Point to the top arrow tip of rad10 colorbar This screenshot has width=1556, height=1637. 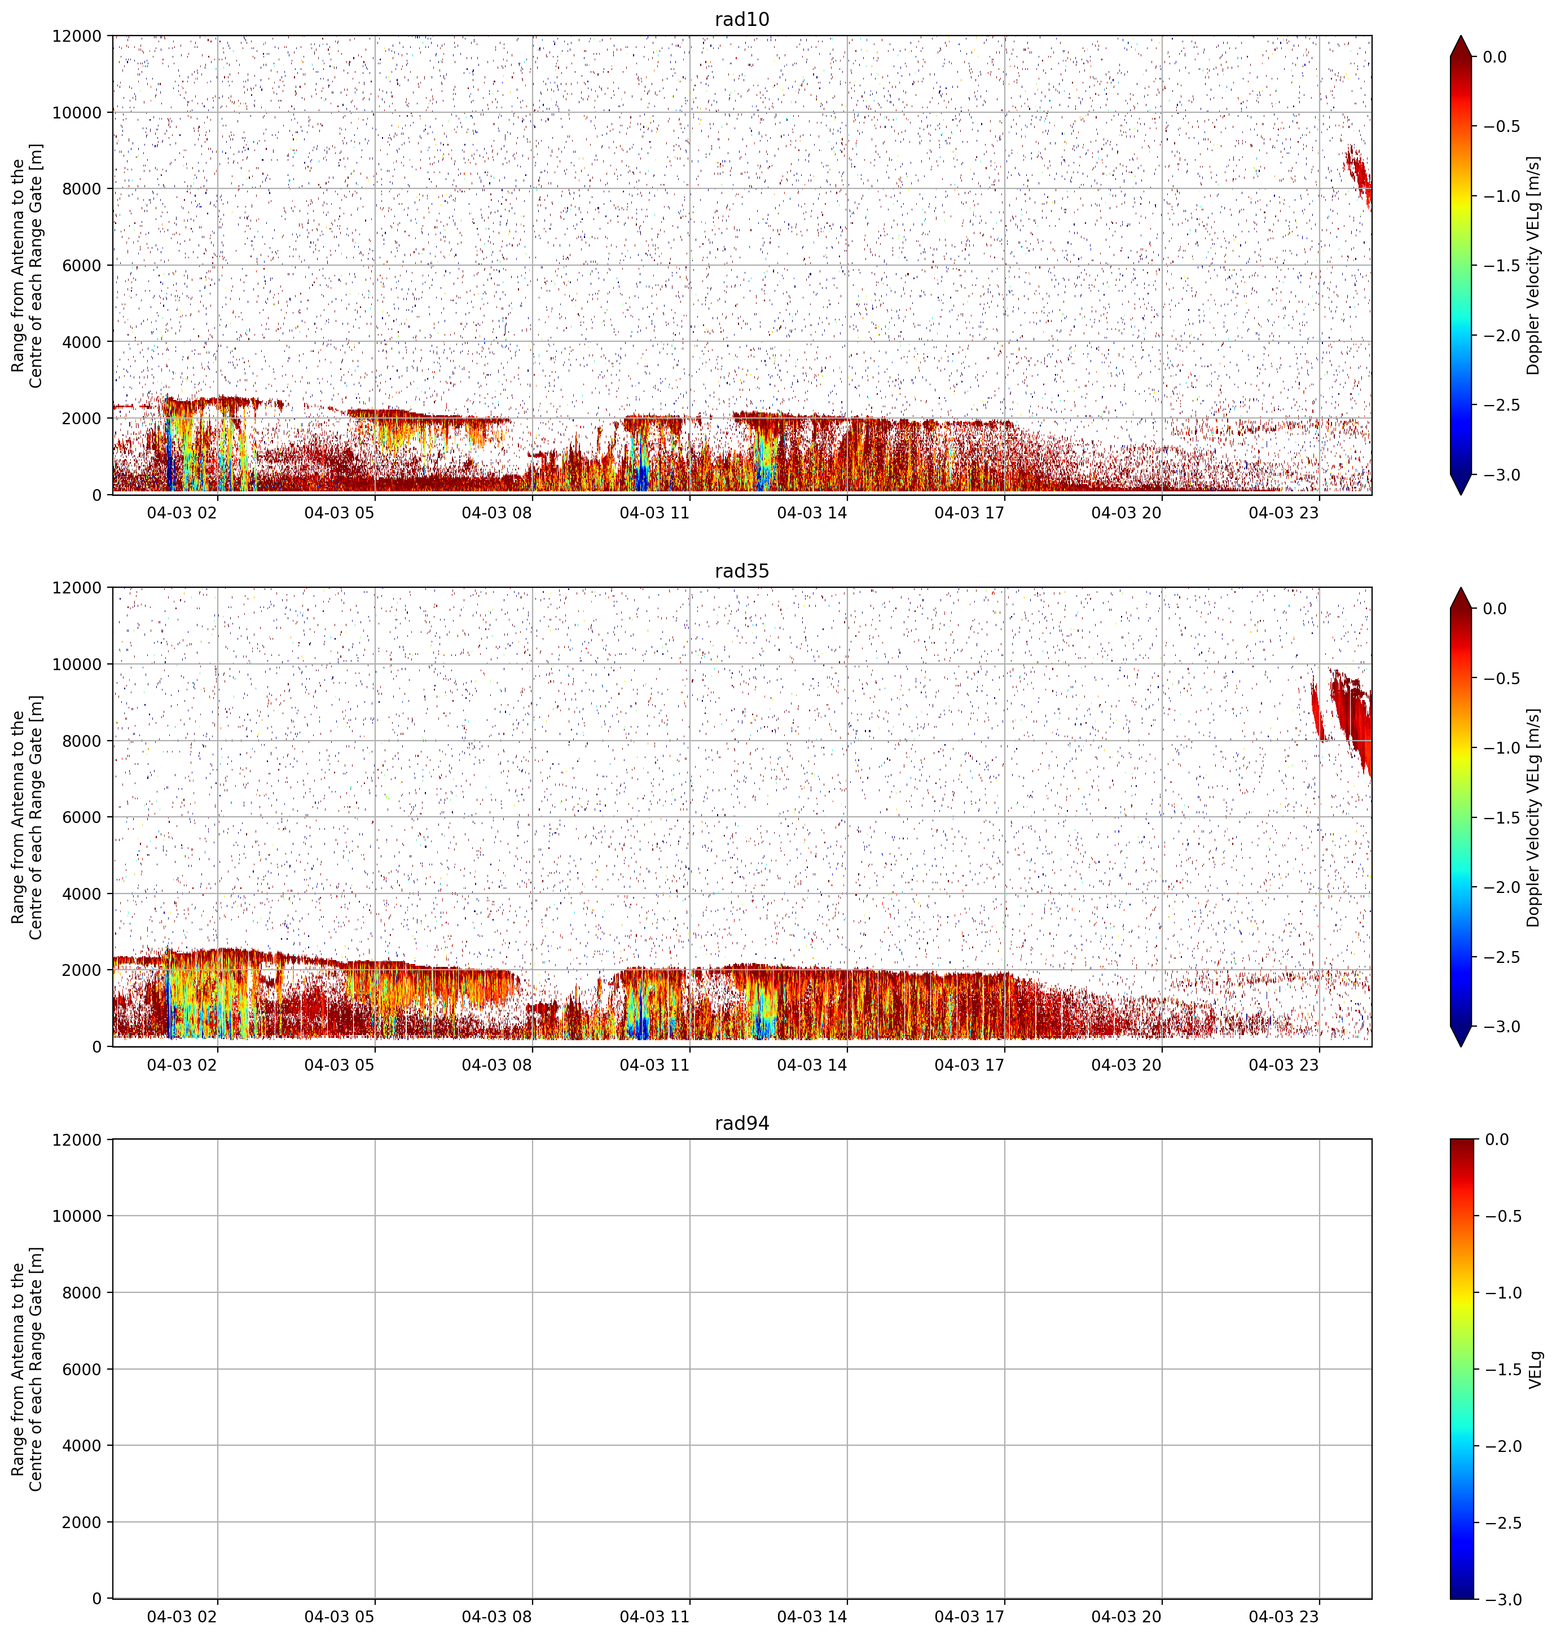[x=1463, y=36]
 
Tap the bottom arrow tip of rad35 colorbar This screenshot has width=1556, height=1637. [x=1463, y=1046]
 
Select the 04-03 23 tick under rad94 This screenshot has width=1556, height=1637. [x=1284, y=1616]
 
